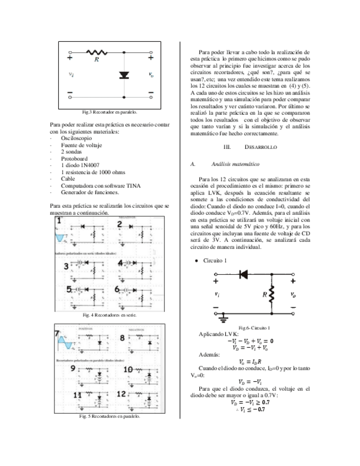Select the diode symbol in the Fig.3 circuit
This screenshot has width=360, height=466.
[124, 75]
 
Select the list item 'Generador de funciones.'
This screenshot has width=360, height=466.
[90, 192]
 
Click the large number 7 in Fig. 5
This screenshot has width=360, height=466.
[57, 335]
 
